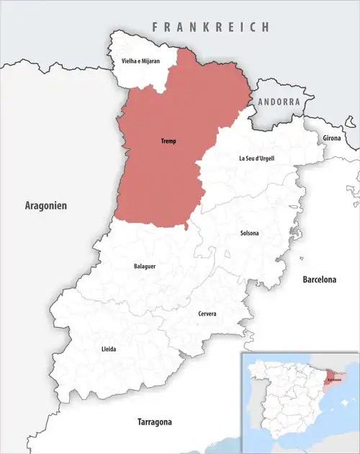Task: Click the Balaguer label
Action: (x=145, y=266)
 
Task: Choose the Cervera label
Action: (x=207, y=313)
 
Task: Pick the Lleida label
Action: (x=109, y=349)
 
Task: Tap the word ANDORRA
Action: (x=278, y=102)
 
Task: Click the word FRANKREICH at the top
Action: (x=210, y=27)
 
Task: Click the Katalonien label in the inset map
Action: (x=333, y=379)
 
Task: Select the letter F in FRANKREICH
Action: (x=154, y=27)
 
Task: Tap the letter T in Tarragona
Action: (x=140, y=421)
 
